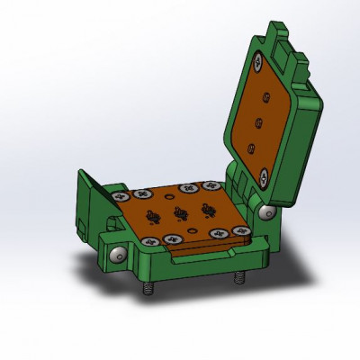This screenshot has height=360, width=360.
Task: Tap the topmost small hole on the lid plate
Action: [x=265, y=94]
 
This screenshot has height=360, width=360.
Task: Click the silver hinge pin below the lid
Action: [x=267, y=212]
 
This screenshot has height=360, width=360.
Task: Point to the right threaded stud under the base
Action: [x=238, y=278]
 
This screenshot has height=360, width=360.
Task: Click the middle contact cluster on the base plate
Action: [x=180, y=214]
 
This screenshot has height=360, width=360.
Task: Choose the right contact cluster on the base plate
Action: [x=210, y=210]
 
